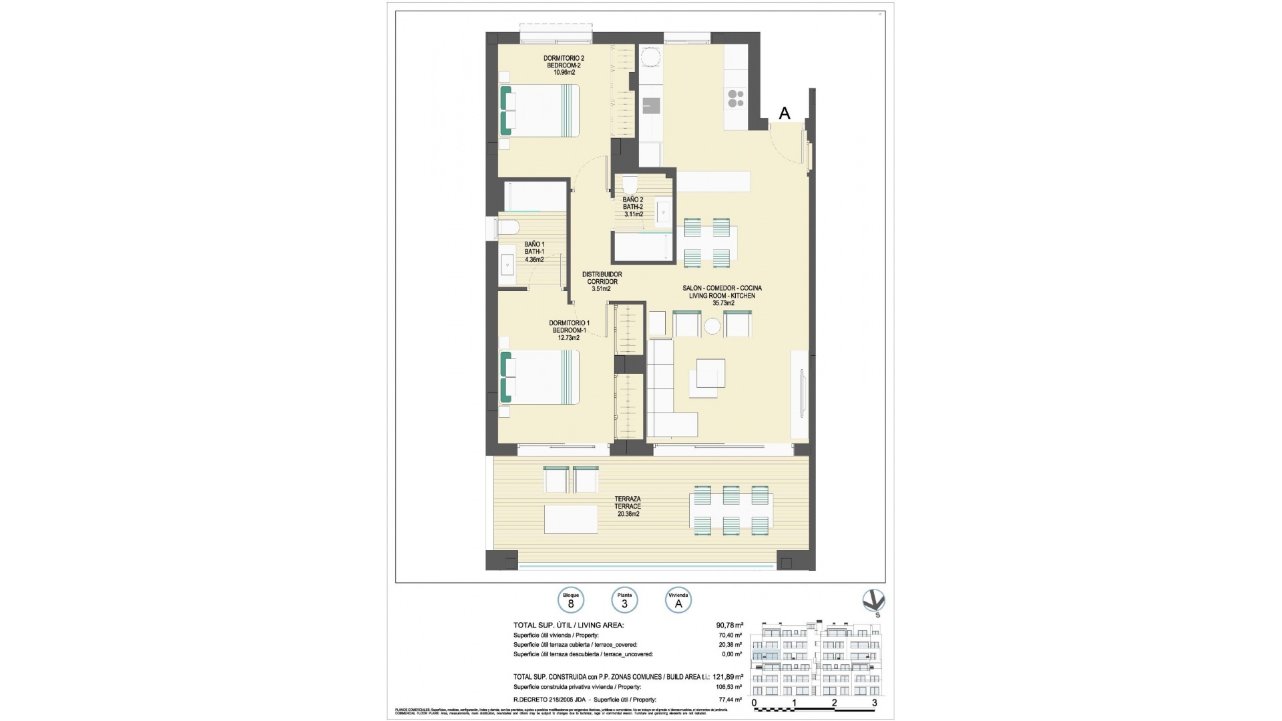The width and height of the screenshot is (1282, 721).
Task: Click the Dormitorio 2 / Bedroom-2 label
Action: tap(564, 65)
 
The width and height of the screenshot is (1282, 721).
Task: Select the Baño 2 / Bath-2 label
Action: tap(632, 207)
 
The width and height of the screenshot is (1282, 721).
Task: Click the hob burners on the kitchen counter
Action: tap(736, 99)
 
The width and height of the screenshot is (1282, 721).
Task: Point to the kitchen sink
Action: tap(651, 106)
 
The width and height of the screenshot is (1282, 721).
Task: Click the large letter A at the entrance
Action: tap(785, 113)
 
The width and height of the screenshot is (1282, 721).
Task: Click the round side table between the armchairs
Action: tap(712, 326)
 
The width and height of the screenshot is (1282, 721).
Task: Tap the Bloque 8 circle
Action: tap(571, 600)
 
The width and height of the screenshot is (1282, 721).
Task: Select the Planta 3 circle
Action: tap(624, 600)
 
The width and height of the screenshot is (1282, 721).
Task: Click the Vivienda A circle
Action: tap(678, 600)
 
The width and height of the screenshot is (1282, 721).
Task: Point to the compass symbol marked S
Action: tap(873, 602)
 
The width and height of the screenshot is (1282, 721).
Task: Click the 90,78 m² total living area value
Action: tap(729, 625)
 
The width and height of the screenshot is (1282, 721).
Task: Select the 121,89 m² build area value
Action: tap(729, 677)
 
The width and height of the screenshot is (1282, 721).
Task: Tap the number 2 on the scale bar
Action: tap(834, 703)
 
